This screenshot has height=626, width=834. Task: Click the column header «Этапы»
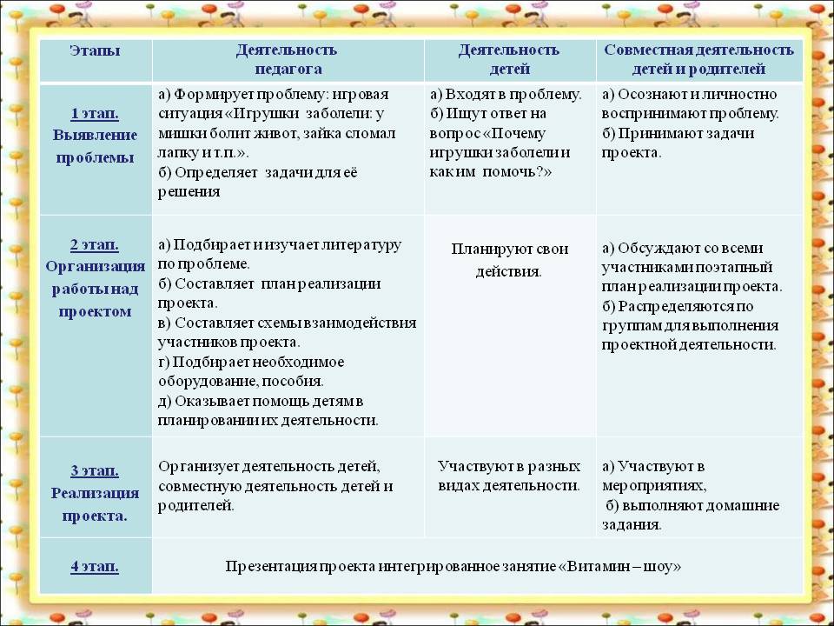coord(95,51)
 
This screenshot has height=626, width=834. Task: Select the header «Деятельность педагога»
coord(288,59)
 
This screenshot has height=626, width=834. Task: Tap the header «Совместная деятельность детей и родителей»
coord(698,59)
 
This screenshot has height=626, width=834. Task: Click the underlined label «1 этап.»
coord(95,113)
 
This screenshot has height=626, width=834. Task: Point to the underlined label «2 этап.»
coord(95,245)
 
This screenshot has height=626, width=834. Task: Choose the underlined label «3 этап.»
coord(95,471)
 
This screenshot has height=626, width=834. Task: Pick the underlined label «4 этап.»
coord(95,566)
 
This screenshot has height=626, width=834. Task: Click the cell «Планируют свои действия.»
coord(510,260)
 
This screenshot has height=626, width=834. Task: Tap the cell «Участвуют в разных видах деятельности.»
coord(509,476)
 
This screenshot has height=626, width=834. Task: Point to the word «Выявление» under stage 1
coord(95,136)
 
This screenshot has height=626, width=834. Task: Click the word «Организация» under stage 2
coord(96,266)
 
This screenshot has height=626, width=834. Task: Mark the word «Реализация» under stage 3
coord(96,494)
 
